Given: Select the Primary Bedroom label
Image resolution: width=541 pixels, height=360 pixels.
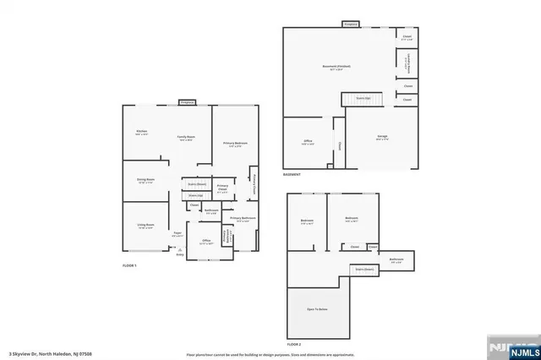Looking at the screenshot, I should point(235,145).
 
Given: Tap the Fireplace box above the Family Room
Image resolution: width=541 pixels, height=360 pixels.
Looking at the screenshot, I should point(187,102).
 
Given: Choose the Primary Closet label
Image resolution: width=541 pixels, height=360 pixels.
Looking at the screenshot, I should point(222,188).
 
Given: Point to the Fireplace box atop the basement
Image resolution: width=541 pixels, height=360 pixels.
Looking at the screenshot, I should point(351,25).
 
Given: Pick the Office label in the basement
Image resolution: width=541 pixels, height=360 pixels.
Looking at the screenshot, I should point(308,142).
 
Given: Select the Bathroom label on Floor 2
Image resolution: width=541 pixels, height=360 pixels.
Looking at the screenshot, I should point(396,259).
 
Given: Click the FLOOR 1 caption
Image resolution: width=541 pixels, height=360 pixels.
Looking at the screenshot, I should point(129,266).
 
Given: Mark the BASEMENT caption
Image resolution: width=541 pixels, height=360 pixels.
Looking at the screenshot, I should point(292,175).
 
